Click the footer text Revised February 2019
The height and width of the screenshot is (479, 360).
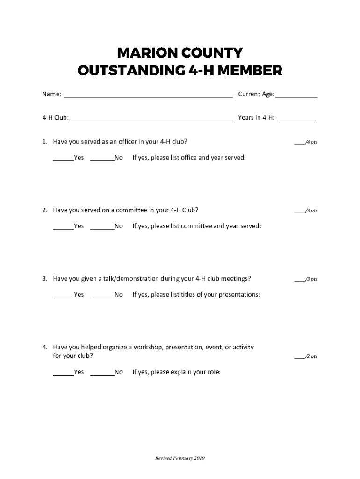(x=180, y=458)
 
